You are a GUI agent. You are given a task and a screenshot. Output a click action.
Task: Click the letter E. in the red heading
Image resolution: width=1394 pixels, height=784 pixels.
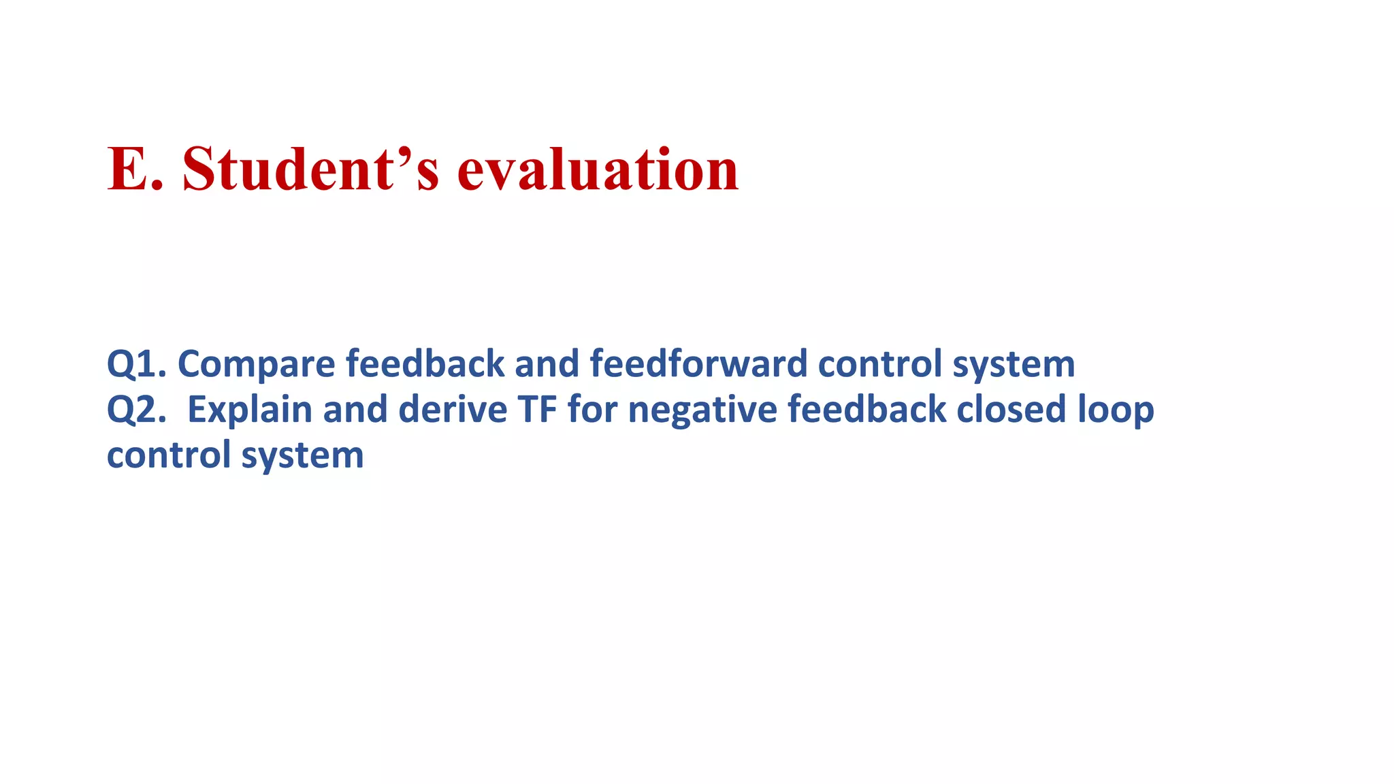pyautogui.click(x=135, y=169)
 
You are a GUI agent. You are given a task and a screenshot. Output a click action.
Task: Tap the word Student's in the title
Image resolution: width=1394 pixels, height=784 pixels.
pyautogui.click(x=310, y=169)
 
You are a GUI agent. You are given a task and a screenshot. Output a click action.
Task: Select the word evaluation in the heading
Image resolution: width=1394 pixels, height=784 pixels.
pyautogui.click(x=598, y=169)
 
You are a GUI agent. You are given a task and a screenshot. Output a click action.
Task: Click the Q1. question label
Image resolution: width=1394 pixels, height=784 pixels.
pyautogui.click(x=136, y=364)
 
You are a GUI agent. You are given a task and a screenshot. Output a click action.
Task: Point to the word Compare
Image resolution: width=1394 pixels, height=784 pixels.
pyautogui.click(x=256, y=364)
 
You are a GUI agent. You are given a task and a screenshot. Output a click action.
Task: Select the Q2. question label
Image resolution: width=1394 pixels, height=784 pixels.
pyautogui.click(x=136, y=410)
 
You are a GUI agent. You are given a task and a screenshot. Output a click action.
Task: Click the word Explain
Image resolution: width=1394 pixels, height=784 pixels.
pyautogui.click(x=249, y=410)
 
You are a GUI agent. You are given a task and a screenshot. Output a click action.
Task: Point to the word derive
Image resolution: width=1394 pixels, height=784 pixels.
pyautogui.click(x=453, y=409)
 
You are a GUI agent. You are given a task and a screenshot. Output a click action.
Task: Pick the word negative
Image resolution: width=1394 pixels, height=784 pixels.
pyautogui.click(x=702, y=410)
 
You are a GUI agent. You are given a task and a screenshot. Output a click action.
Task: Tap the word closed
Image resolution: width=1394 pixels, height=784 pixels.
pyautogui.click(x=1011, y=409)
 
